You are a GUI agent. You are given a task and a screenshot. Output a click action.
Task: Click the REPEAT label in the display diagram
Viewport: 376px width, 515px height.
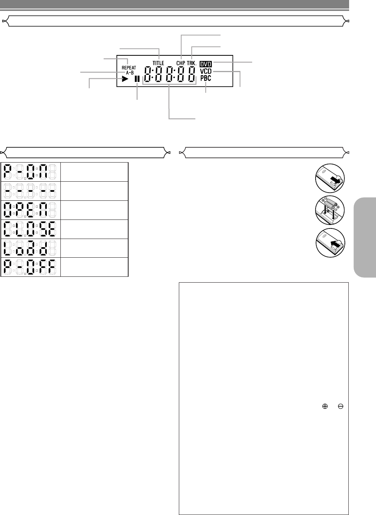coord(129,67)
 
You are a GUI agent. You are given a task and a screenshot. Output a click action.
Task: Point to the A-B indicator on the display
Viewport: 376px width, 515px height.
coord(129,73)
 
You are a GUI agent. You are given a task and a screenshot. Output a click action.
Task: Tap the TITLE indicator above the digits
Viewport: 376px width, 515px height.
coord(158,63)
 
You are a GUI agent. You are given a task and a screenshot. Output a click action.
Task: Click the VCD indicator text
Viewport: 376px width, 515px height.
coord(206,71)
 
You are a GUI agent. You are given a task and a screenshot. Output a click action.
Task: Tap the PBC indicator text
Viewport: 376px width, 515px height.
coord(206,78)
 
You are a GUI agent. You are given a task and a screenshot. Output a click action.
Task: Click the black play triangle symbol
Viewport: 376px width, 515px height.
coord(125,79)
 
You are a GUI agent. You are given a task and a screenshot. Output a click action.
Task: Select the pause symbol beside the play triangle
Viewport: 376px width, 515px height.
coord(137,79)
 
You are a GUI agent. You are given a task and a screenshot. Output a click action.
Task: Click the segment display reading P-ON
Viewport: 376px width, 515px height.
coord(30,172)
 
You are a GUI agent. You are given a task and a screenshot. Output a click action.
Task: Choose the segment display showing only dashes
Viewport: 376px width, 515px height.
coord(30,191)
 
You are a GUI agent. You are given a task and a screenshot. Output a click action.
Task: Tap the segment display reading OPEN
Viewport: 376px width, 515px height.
coord(30,210)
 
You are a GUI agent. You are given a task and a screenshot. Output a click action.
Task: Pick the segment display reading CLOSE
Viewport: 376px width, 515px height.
coord(30,229)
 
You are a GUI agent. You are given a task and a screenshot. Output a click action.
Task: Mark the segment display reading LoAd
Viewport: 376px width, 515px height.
coord(30,248)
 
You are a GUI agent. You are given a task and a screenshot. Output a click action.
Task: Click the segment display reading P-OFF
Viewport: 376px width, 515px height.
coord(30,267)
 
